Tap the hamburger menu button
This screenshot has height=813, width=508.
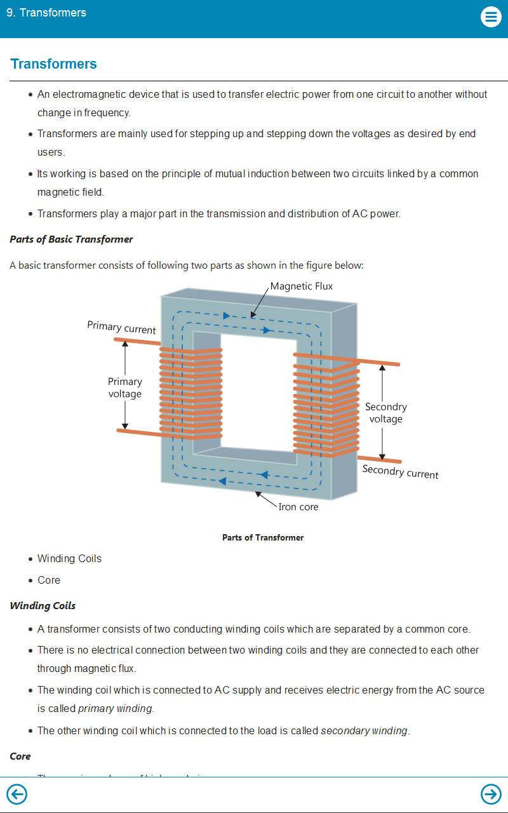coord(491,17)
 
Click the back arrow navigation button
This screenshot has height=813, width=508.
coord(17,794)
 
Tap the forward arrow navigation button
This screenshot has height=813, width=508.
coord(491,794)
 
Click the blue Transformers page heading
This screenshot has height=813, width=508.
coord(54,64)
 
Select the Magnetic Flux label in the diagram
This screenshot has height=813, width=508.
coord(302,286)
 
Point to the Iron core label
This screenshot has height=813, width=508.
coord(298,507)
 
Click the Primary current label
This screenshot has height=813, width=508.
coord(121,328)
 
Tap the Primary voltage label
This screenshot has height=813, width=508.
coord(124,387)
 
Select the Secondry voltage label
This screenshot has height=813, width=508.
coord(386,413)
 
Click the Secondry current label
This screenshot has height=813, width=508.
coord(400,472)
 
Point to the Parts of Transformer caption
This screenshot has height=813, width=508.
coord(263,537)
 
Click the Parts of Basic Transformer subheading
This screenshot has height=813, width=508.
coord(72,239)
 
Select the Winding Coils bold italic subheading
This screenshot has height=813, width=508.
coord(43,606)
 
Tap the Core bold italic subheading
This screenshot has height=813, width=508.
coord(20,756)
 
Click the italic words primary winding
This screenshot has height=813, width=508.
coord(115,708)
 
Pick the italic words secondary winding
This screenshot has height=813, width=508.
coord(364,730)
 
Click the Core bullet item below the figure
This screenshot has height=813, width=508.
coord(49,580)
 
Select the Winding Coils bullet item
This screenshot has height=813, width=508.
coord(69,559)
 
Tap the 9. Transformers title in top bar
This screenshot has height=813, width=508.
coord(46,13)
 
